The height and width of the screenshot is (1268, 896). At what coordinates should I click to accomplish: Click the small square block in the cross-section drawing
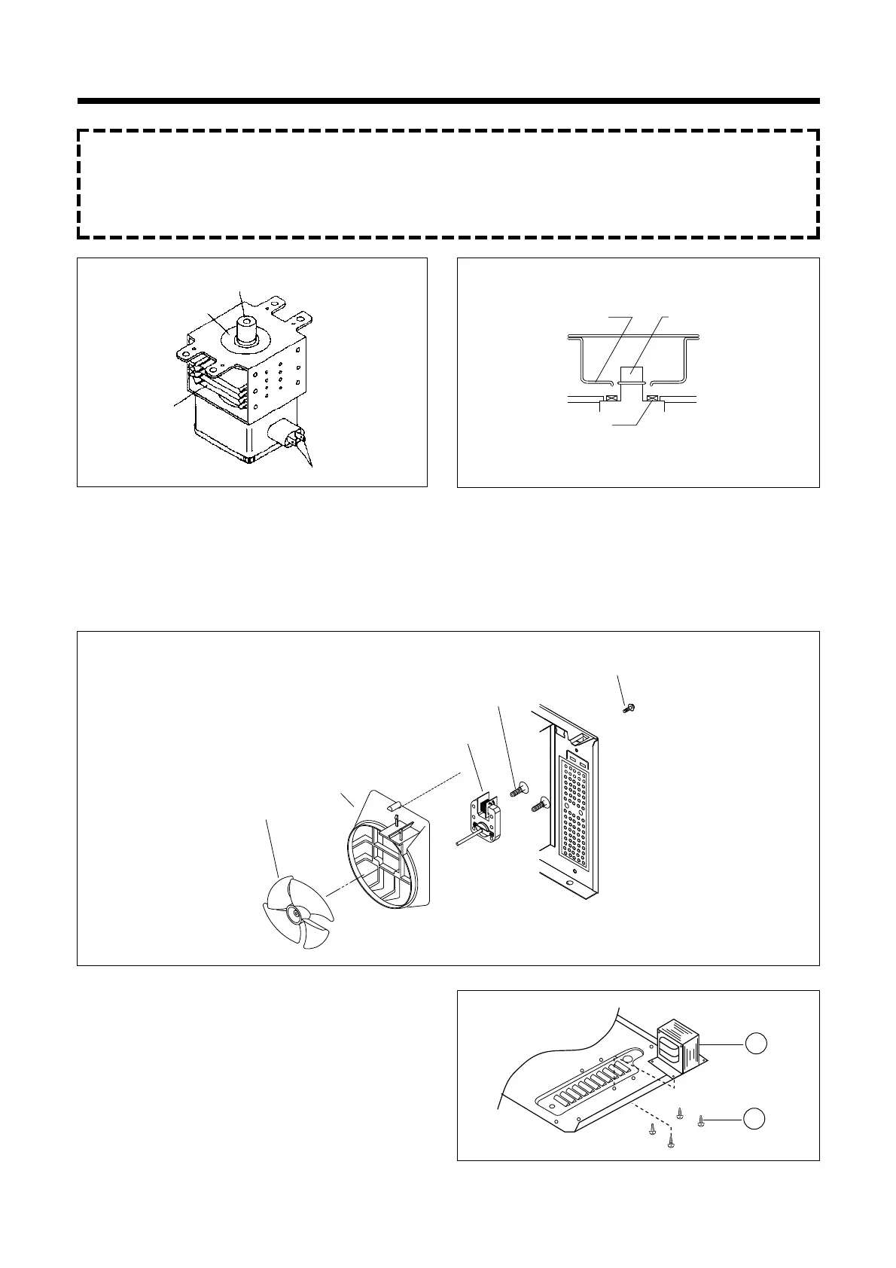tap(629, 374)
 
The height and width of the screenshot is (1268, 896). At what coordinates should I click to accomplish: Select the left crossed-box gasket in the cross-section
tap(612, 398)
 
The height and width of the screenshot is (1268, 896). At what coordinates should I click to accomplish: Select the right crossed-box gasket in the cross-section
tap(652, 398)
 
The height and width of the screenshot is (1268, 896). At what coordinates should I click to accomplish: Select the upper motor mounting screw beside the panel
tap(517, 791)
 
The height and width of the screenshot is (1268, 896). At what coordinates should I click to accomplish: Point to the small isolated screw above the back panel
tap(626, 709)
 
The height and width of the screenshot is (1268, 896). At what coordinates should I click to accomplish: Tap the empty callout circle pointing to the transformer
tap(755, 1043)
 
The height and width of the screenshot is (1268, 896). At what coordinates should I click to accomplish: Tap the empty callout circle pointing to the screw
tap(755, 1119)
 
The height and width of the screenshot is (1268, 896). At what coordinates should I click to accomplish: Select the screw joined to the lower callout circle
tap(702, 1120)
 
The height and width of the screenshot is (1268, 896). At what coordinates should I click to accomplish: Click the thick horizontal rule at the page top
tap(448, 101)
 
